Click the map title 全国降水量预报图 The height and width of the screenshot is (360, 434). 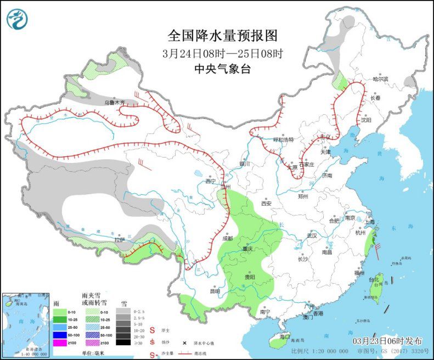tap(223, 36)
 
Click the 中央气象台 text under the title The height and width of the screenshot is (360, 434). tap(222, 69)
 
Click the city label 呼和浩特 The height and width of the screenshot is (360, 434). tap(284, 139)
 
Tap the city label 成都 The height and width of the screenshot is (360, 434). tap(228, 238)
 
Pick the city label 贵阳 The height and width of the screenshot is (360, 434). tap(250, 277)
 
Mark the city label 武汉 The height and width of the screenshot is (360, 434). tap(312, 235)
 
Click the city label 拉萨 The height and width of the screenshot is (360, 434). tap(120, 240)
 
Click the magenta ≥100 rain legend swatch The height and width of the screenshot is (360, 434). tap(59, 343)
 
